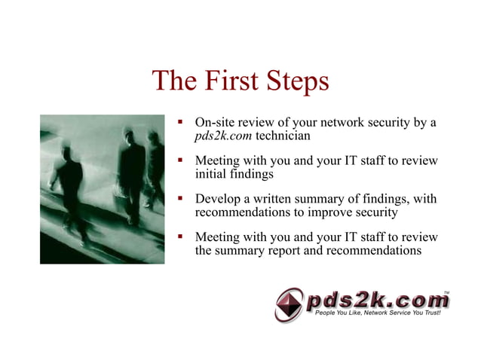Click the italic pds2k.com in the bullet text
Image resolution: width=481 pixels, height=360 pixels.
tap(224, 136)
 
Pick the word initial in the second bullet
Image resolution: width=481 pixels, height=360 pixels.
tap(213, 174)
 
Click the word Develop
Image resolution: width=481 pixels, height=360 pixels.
tap(219, 200)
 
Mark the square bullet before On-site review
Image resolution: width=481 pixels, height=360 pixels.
tap(180, 121)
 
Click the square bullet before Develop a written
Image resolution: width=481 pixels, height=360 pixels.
tap(180, 199)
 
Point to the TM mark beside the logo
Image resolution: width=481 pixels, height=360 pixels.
tap(446, 291)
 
